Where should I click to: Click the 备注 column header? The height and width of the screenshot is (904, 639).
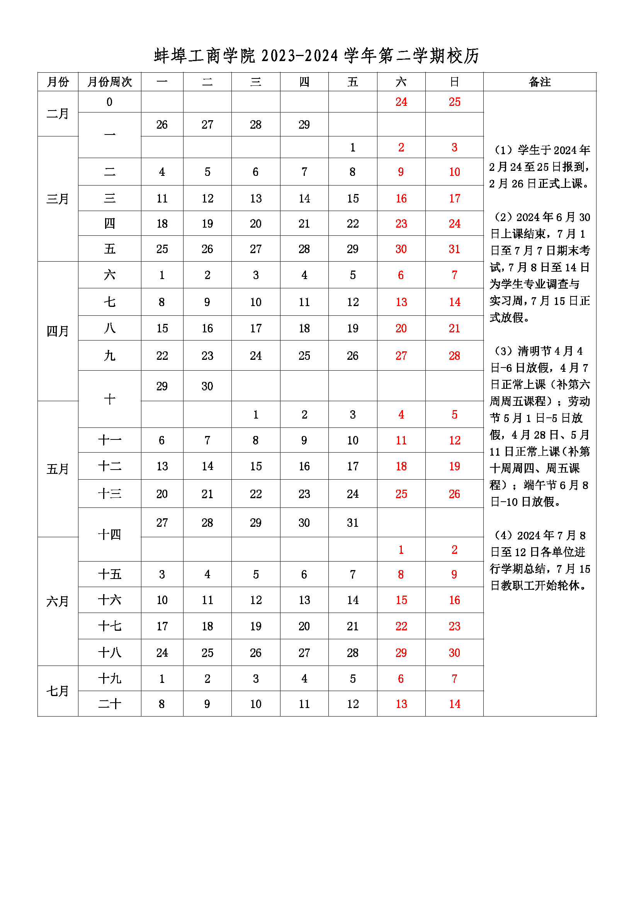tap(539, 82)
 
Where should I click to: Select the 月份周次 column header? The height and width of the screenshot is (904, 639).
tap(109, 82)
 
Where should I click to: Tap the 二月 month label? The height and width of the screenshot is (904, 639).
tap(58, 114)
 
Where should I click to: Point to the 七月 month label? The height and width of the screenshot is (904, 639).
tap(58, 691)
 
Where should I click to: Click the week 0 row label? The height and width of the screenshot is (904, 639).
tap(109, 102)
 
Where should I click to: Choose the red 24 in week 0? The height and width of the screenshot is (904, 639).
tap(401, 102)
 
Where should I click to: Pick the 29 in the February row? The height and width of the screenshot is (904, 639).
tap(304, 125)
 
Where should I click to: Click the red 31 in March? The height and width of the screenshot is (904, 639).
tap(454, 249)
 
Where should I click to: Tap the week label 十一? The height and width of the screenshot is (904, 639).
tap(109, 440)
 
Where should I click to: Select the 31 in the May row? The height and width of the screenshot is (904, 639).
tap(353, 523)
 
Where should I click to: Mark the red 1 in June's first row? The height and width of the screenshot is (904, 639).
tap(401, 550)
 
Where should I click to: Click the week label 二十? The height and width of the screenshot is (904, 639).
tap(109, 704)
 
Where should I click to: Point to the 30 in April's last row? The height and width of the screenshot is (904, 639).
tap(207, 386)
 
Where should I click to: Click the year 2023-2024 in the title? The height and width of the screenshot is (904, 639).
tap(299, 56)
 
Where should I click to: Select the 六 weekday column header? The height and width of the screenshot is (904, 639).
tap(401, 82)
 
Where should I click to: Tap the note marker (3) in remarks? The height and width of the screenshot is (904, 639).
tap(503, 351)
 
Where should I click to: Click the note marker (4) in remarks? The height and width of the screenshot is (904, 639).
tap(503, 535)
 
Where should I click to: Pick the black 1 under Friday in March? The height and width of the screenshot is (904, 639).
tap(353, 148)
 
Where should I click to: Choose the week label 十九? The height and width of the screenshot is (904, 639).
tap(109, 678)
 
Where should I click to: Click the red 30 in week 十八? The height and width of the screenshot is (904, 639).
tap(454, 653)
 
